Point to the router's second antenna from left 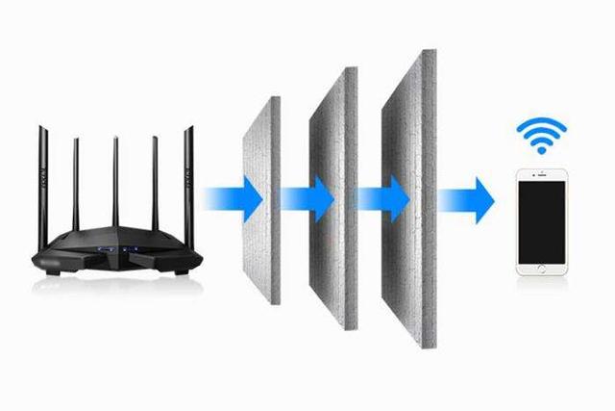77,188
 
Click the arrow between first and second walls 307,198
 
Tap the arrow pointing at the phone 467,198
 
